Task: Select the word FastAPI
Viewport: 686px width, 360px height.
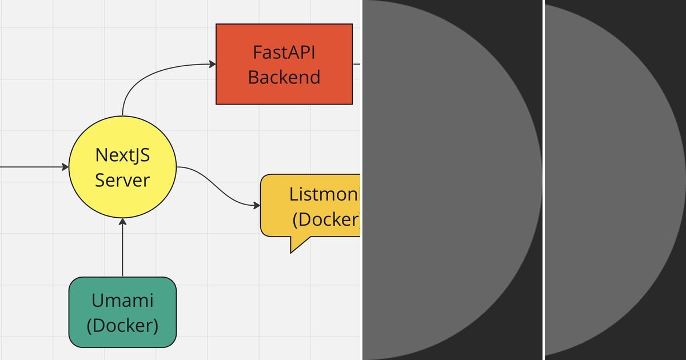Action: [x=284, y=52]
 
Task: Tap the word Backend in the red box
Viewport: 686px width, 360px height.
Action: [x=284, y=77]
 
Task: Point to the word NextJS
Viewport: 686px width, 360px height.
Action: [x=122, y=155]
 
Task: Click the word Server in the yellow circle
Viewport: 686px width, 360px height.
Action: [x=122, y=180]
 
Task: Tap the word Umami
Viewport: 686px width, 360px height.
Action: [x=122, y=300]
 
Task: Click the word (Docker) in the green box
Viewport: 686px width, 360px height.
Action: [x=122, y=325]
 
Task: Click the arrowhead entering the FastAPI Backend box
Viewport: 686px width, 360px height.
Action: [x=212, y=63]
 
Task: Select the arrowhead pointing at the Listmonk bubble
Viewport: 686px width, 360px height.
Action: [x=257, y=205]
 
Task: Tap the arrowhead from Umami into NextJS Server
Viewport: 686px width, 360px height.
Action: [x=122, y=222]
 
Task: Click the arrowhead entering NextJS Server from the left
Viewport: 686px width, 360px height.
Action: [x=65, y=167]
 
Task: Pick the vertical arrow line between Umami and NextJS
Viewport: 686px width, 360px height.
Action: [x=122, y=251]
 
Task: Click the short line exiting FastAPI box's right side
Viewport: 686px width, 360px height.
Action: [x=356, y=63]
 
